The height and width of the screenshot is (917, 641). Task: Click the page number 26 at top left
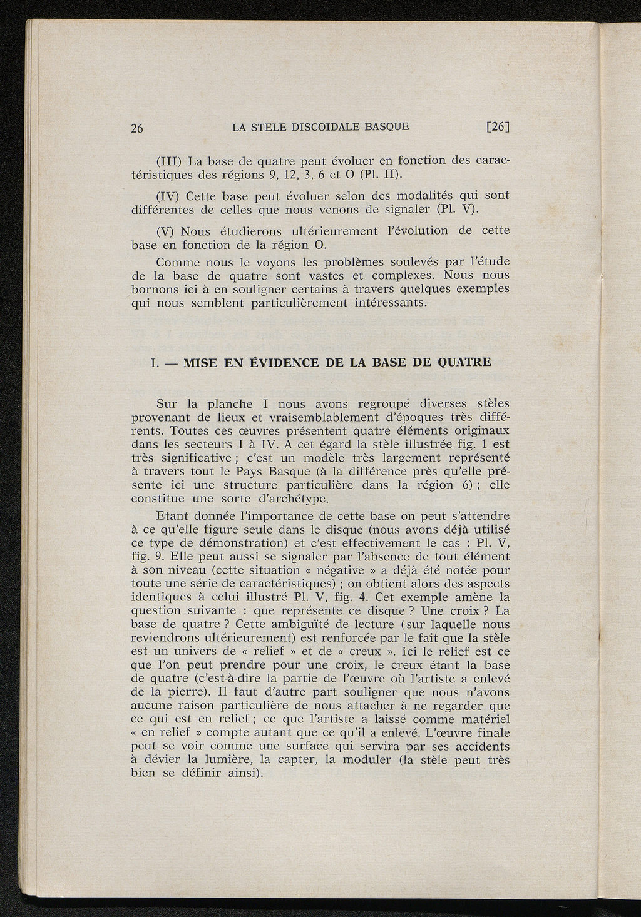point(138,129)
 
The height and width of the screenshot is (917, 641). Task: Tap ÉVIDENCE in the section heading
point(281,363)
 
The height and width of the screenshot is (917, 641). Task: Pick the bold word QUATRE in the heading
point(462,362)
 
